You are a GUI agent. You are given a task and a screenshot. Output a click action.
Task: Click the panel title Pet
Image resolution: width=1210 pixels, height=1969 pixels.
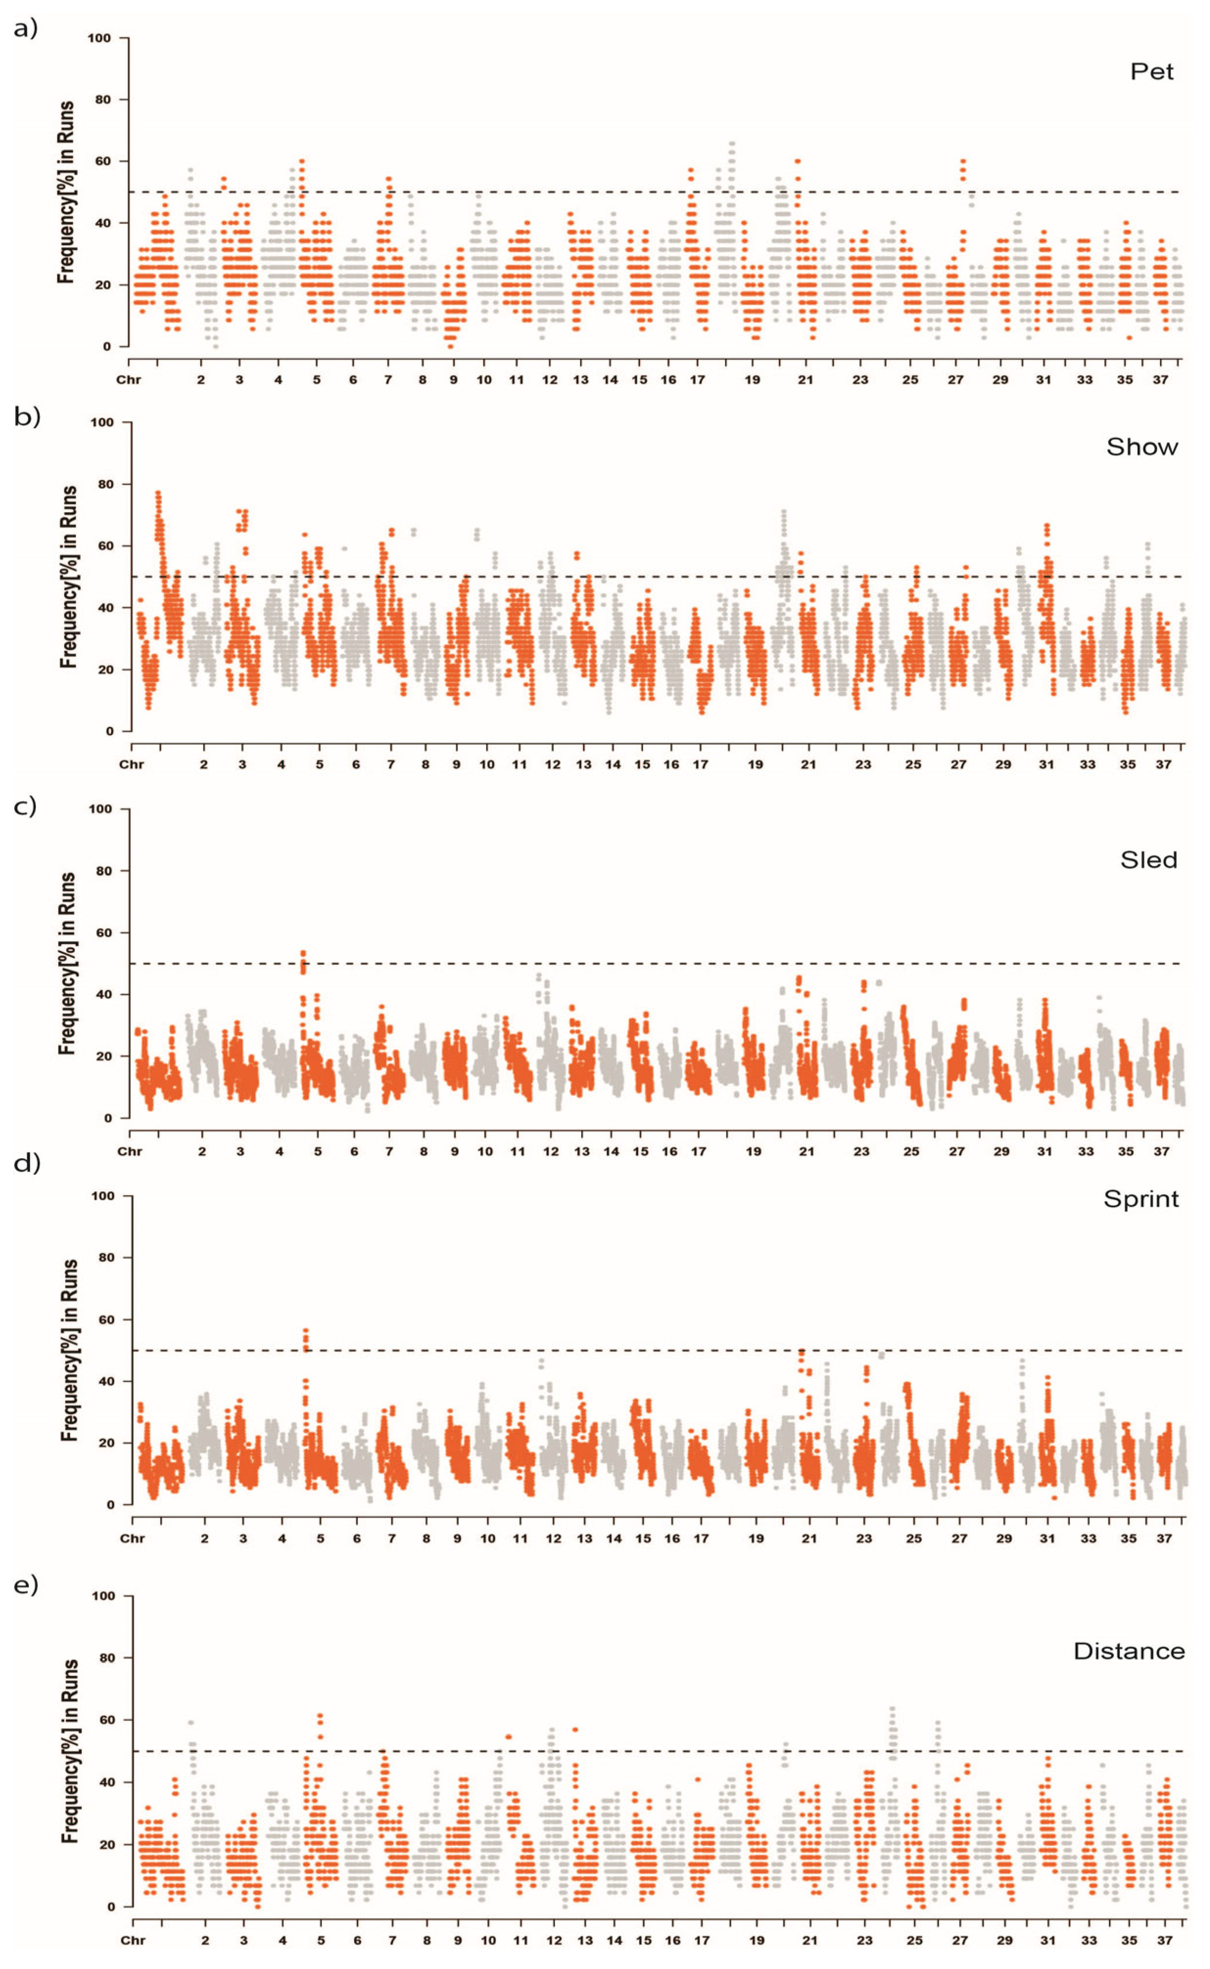pos(1152,72)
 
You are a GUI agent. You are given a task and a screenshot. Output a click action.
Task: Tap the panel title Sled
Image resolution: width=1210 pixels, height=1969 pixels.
pos(1148,860)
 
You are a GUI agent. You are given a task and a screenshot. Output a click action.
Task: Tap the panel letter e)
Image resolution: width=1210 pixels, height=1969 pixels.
pos(26,1585)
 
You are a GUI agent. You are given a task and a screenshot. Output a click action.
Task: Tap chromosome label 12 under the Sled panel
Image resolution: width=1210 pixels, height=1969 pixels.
pos(550,1152)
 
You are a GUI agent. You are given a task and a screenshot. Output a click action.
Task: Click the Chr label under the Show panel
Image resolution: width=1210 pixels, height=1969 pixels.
pos(131,765)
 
